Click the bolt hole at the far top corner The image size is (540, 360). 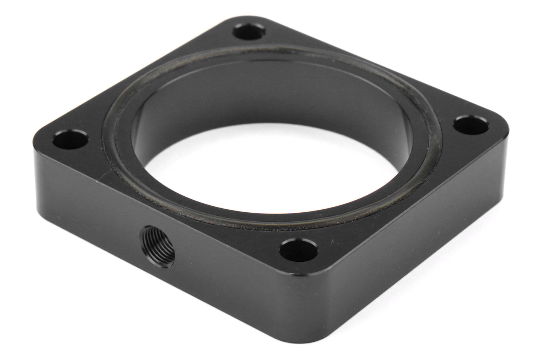(x=247, y=32)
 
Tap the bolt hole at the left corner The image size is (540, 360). (x=70, y=139)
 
